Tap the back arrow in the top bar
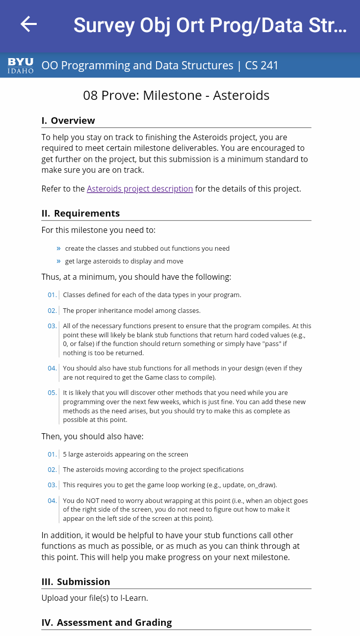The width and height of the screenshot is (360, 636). [29, 24]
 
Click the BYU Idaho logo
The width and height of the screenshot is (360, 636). [20, 65]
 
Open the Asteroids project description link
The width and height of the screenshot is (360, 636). [140, 189]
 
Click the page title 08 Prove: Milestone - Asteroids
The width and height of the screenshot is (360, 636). [176, 95]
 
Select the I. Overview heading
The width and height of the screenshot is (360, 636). [68, 121]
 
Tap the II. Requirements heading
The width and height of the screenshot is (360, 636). [81, 214]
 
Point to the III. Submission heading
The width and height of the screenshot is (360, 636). [76, 582]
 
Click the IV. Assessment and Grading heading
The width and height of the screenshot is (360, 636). [107, 622]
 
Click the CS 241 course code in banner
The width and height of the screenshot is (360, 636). [262, 65]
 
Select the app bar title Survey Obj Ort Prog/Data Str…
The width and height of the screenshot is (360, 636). [210, 25]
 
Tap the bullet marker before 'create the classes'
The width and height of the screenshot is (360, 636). [59, 248]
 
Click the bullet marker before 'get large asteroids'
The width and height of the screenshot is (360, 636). [59, 261]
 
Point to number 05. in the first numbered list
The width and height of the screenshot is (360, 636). [52, 393]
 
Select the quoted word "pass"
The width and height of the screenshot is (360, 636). [262, 344]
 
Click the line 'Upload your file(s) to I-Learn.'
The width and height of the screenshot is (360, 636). [95, 598]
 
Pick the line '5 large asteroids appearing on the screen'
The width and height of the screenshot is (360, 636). [125, 454]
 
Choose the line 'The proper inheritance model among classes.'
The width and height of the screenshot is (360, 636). [132, 310]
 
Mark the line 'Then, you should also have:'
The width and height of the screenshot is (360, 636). [92, 436]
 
